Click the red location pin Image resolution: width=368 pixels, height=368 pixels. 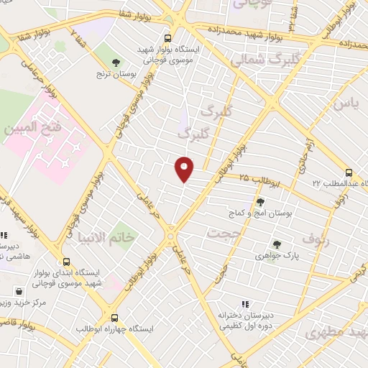tap(185, 169)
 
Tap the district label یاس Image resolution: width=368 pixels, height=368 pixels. tap(343, 106)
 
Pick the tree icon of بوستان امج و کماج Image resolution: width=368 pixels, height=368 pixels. tap(260, 201)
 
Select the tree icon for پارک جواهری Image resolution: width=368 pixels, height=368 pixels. tap(277, 244)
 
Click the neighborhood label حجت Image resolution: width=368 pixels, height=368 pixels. tap(221, 233)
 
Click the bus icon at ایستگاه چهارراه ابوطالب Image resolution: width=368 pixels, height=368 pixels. tap(114, 317)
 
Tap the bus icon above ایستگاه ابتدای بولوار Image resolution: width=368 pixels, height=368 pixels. tap(66, 262)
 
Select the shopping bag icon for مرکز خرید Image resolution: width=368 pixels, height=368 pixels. tap(18, 292)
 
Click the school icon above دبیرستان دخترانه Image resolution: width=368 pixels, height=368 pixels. tap(245, 304)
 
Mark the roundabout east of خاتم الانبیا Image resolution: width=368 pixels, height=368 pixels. tap(170, 235)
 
